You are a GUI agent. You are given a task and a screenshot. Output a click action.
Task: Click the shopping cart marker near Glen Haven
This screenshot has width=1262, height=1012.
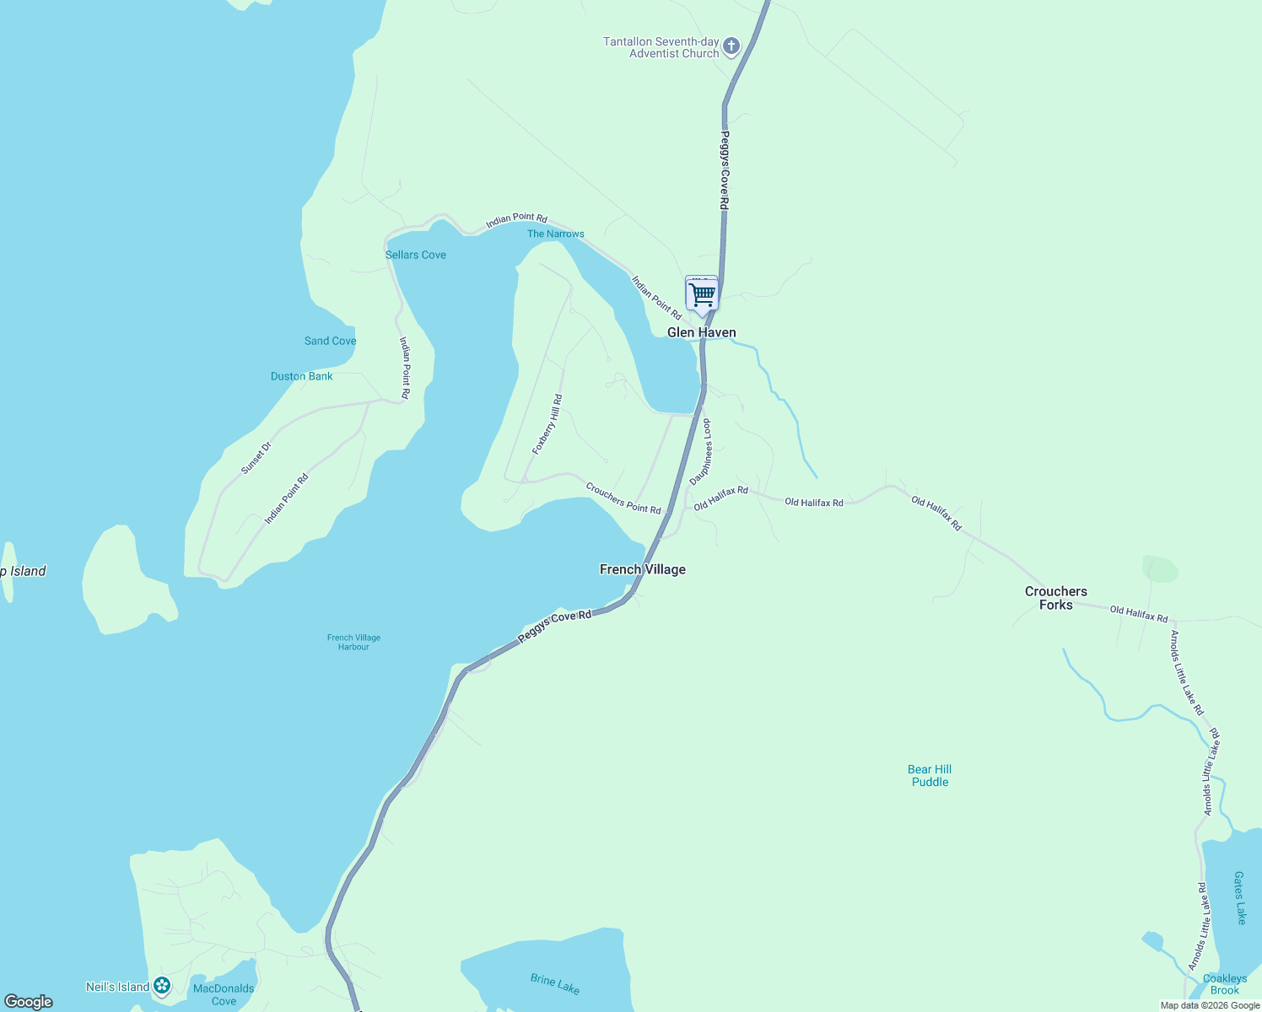tap(701, 294)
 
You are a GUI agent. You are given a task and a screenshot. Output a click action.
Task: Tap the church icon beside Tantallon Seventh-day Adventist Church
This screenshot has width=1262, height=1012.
tap(731, 46)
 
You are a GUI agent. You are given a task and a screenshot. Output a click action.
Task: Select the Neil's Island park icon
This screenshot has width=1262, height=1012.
tap(162, 985)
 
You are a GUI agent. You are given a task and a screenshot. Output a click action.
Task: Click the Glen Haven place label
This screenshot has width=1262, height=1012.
tap(701, 332)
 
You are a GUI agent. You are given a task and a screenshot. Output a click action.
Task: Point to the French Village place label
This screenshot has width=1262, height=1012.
tap(642, 569)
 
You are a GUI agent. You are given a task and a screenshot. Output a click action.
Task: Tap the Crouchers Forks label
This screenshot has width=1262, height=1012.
tap(1055, 598)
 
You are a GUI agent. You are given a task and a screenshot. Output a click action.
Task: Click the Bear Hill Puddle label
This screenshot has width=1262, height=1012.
tap(930, 775)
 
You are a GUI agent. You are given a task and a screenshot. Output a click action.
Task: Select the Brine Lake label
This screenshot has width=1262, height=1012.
tap(555, 983)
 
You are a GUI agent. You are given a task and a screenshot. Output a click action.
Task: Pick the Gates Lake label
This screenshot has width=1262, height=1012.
tap(1239, 897)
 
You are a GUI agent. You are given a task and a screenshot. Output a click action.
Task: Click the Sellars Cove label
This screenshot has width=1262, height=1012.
tap(415, 255)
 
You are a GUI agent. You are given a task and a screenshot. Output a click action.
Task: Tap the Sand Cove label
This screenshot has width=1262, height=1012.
tap(330, 341)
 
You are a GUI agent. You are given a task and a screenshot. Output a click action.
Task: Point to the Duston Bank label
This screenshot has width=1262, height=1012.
tap(301, 376)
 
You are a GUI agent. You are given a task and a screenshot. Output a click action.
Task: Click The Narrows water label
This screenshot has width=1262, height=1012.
tap(555, 234)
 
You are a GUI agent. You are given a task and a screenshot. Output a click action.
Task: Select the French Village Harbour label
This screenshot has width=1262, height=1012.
tap(353, 642)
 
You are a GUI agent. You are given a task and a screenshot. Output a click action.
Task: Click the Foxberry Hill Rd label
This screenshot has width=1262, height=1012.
tap(547, 424)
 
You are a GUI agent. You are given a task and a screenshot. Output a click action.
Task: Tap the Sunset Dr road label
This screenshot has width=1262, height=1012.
tap(256, 457)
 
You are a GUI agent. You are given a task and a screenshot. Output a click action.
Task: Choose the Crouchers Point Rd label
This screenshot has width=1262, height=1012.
tap(623, 498)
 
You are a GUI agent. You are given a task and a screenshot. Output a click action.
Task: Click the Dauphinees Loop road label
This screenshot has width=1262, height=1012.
tap(701, 452)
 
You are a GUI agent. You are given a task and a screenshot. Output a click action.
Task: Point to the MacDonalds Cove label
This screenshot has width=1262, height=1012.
tap(224, 994)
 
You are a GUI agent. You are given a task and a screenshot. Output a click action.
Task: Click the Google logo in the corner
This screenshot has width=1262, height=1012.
tap(29, 1002)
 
